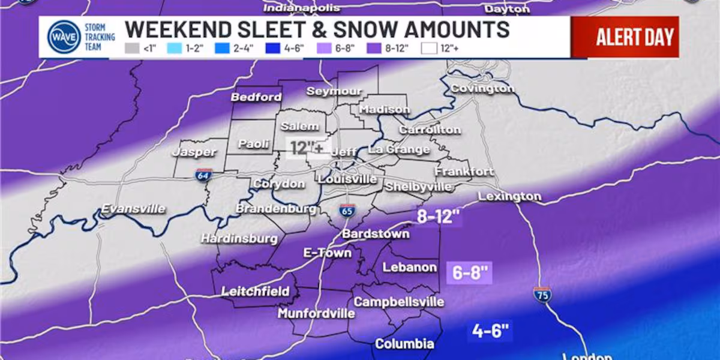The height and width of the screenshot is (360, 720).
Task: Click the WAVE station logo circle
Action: click(64, 37)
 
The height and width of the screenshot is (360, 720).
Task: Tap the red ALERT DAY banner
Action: click(625, 37)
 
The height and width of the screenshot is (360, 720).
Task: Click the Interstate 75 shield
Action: click(542, 294)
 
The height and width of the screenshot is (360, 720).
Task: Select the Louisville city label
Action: click(347, 179)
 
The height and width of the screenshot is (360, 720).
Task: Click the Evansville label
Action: click(133, 209)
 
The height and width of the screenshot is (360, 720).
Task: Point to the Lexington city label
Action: click(509, 196)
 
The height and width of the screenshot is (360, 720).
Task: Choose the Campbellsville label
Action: click(398, 302)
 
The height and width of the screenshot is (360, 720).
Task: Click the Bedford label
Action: click(256, 97)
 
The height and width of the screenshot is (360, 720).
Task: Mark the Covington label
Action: click(482, 88)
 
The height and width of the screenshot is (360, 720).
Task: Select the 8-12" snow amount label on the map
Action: click(439, 217)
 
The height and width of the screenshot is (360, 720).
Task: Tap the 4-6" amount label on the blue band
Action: click(490, 331)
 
